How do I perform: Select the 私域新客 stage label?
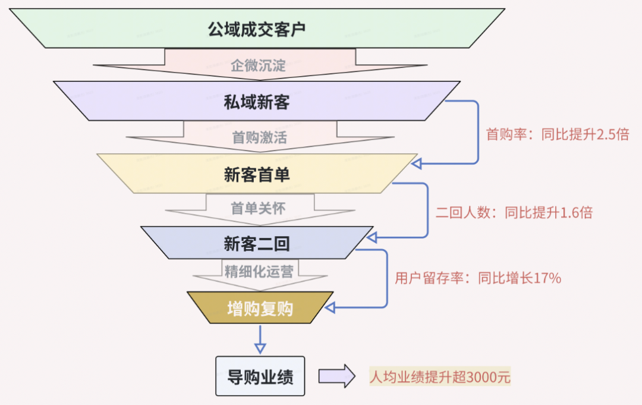[256, 102]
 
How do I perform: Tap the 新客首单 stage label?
[256, 174]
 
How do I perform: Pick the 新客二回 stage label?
[256, 243]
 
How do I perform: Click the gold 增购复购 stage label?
[260, 308]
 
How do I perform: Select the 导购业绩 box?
[260, 376]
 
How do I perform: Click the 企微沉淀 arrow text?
[258, 65]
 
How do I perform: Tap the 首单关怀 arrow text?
[258, 208]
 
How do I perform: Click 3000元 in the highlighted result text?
[488, 377]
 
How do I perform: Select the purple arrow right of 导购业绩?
[337, 377]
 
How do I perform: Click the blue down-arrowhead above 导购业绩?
[260, 348]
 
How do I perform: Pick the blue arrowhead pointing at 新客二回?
[372, 237]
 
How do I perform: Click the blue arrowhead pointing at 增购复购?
[331, 307]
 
